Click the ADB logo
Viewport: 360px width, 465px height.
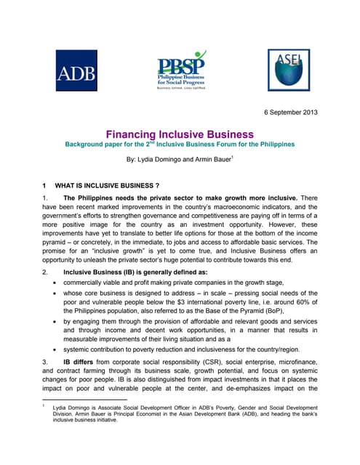pos(76,70)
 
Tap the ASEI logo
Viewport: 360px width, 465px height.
pos(288,70)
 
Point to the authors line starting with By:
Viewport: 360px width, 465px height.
pos(180,158)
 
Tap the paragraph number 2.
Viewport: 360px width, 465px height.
pos(45,272)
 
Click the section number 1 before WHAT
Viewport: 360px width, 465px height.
pos(45,185)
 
